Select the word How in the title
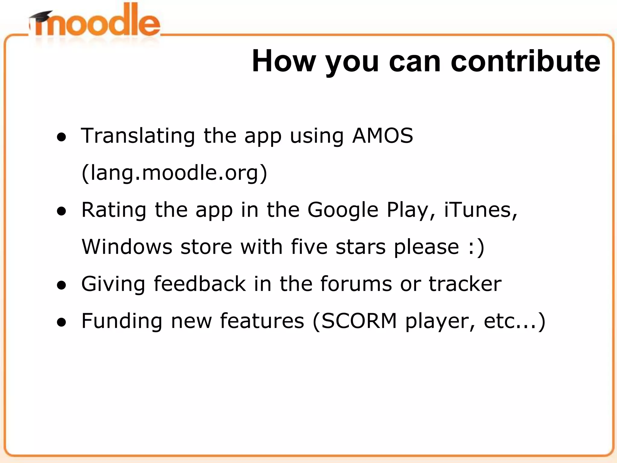(x=283, y=61)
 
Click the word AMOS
(x=383, y=136)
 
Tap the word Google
(x=343, y=210)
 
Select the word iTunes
(x=481, y=210)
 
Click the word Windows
(x=127, y=247)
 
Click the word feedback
(x=200, y=284)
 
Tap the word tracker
(x=465, y=284)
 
